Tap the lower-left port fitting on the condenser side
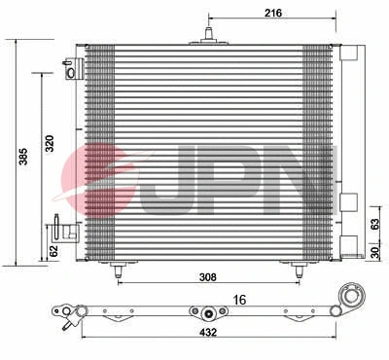(x=61, y=230)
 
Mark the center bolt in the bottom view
(x=207, y=313)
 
